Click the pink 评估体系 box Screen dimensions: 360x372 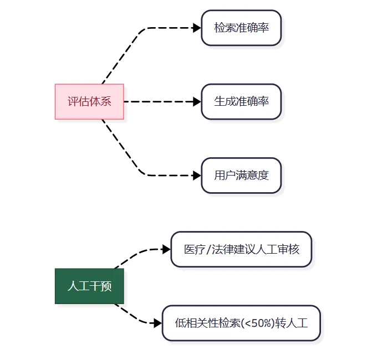pos(89,101)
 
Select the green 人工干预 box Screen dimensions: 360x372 pos(89,286)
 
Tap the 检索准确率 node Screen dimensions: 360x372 pos(241,28)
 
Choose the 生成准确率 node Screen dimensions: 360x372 pos(241,101)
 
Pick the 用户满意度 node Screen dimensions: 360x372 pos(241,176)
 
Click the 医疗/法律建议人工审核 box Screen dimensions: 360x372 pos(241,249)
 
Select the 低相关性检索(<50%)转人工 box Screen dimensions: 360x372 pos(241,323)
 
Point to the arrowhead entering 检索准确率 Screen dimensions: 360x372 pos(197,28)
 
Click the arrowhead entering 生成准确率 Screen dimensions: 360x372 pos(197,101)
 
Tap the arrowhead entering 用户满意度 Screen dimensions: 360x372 pos(197,176)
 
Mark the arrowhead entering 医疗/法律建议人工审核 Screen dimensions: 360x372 pos(166,249)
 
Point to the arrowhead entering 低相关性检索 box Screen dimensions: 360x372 pos(158,323)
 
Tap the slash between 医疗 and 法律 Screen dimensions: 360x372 pos(208,249)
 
